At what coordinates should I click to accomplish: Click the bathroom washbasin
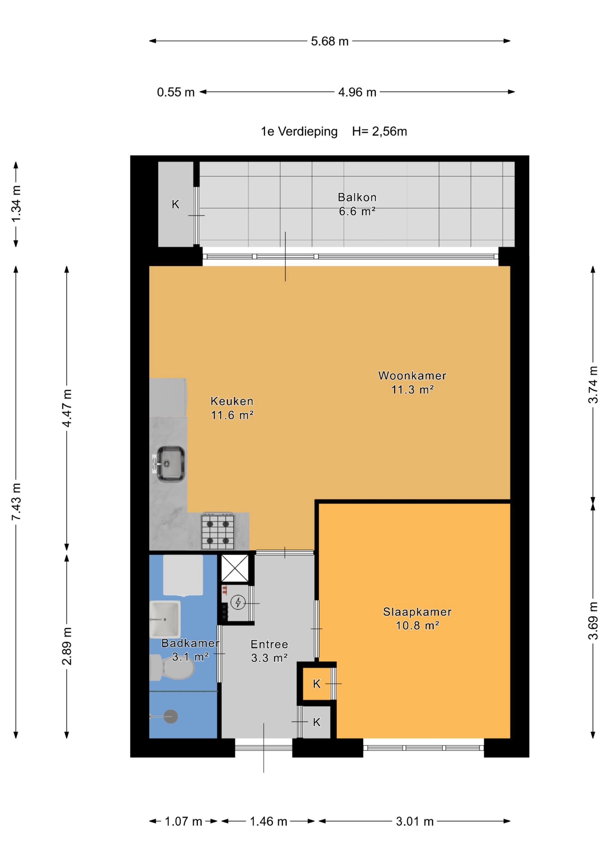tap(165, 619)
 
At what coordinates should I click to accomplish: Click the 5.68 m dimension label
tap(330, 41)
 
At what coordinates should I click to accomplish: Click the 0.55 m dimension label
tap(176, 92)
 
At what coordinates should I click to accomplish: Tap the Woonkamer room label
tap(412, 376)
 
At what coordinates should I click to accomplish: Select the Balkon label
tap(357, 197)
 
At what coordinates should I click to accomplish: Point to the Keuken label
tap(232, 401)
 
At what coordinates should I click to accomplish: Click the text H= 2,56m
tap(379, 131)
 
